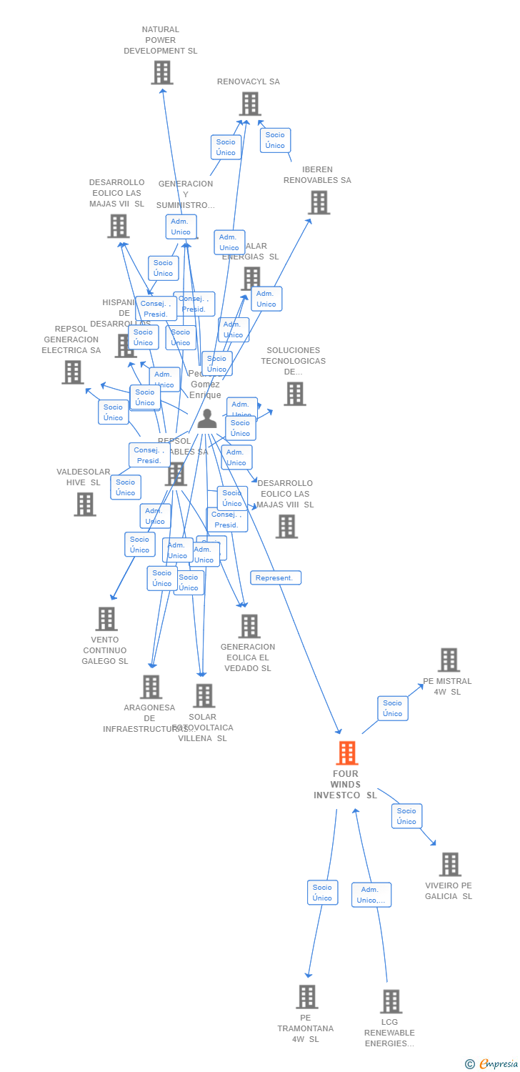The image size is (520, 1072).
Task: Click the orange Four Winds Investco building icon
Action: (x=346, y=753)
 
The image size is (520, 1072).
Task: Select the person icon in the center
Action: (x=207, y=418)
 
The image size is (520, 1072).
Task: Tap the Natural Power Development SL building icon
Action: (x=162, y=72)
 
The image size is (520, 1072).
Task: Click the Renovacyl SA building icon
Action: (x=249, y=104)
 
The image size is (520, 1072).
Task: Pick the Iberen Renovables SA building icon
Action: (x=319, y=202)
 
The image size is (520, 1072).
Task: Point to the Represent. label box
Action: (x=275, y=577)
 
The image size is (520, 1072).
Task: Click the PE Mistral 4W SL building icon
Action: (x=449, y=660)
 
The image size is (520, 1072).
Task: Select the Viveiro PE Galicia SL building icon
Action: (x=449, y=864)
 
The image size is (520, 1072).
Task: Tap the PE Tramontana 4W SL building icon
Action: (x=306, y=996)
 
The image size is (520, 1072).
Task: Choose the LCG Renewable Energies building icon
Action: (x=390, y=1001)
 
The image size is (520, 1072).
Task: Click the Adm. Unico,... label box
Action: (x=371, y=895)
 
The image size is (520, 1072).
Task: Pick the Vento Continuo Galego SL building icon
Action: (x=106, y=619)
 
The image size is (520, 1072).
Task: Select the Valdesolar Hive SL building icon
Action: (x=84, y=504)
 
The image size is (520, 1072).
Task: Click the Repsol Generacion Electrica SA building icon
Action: (x=72, y=372)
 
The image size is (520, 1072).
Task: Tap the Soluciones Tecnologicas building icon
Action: (x=294, y=394)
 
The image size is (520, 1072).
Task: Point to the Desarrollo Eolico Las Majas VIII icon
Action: (x=286, y=527)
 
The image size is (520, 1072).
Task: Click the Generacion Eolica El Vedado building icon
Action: (x=249, y=626)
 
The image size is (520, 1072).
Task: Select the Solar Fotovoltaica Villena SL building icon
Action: (x=204, y=695)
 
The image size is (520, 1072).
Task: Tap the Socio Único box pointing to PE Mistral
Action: (x=392, y=708)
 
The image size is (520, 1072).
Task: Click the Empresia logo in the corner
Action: (x=492, y=1064)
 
